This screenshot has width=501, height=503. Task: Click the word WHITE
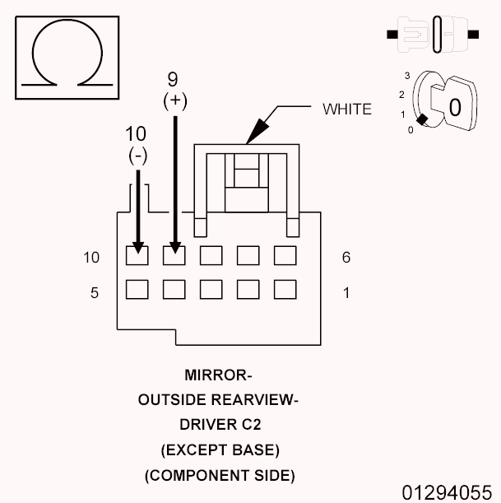tap(347, 109)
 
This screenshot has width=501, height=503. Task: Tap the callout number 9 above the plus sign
tap(173, 80)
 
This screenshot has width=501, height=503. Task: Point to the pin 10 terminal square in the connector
tap(137, 255)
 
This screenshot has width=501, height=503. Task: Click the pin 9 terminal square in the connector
tap(174, 255)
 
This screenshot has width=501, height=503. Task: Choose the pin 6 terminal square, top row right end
tap(285, 255)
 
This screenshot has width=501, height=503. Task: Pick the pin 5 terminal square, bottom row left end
tap(137, 290)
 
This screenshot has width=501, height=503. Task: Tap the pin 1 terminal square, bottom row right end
tap(285, 290)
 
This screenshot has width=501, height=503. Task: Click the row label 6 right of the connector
tap(346, 258)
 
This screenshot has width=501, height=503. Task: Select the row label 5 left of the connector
tap(95, 292)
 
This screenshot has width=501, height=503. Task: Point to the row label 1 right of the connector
tap(346, 292)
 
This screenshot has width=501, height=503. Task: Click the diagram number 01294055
tap(446, 491)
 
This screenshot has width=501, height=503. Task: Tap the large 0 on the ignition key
tap(453, 106)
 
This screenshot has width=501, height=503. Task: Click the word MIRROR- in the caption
tap(218, 376)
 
